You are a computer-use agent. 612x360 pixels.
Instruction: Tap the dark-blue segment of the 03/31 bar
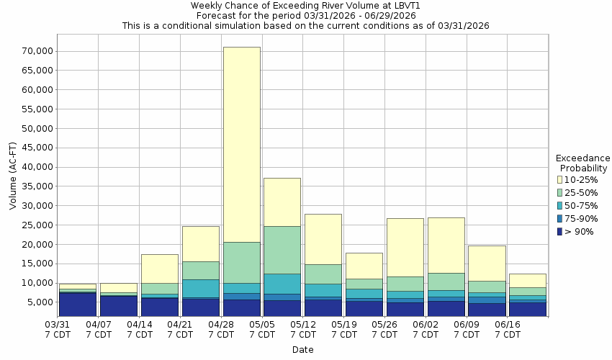click(78, 303)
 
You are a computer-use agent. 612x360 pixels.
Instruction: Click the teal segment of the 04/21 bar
click(200, 288)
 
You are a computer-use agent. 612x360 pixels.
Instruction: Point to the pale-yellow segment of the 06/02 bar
click(446, 245)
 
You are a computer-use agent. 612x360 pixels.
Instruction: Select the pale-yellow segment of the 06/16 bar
click(528, 280)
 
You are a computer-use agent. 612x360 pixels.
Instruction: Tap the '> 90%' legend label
click(580, 232)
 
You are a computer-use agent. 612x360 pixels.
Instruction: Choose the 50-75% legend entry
click(580, 206)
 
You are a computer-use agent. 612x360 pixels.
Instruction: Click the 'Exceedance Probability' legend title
click(582, 163)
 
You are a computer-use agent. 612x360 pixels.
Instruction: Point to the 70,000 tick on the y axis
click(37, 51)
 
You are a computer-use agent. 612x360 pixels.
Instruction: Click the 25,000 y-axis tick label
click(37, 225)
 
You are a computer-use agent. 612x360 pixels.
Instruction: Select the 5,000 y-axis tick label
click(39, 302)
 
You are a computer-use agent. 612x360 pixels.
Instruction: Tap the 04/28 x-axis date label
click(222, 330)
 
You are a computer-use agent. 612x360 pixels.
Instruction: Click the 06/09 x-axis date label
click(467, 330)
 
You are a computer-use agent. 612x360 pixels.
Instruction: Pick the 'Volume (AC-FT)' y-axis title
click(13, 177)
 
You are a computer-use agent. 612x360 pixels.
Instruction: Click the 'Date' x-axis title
click(302, 350)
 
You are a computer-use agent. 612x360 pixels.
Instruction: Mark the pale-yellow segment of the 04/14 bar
click(159, 269)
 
